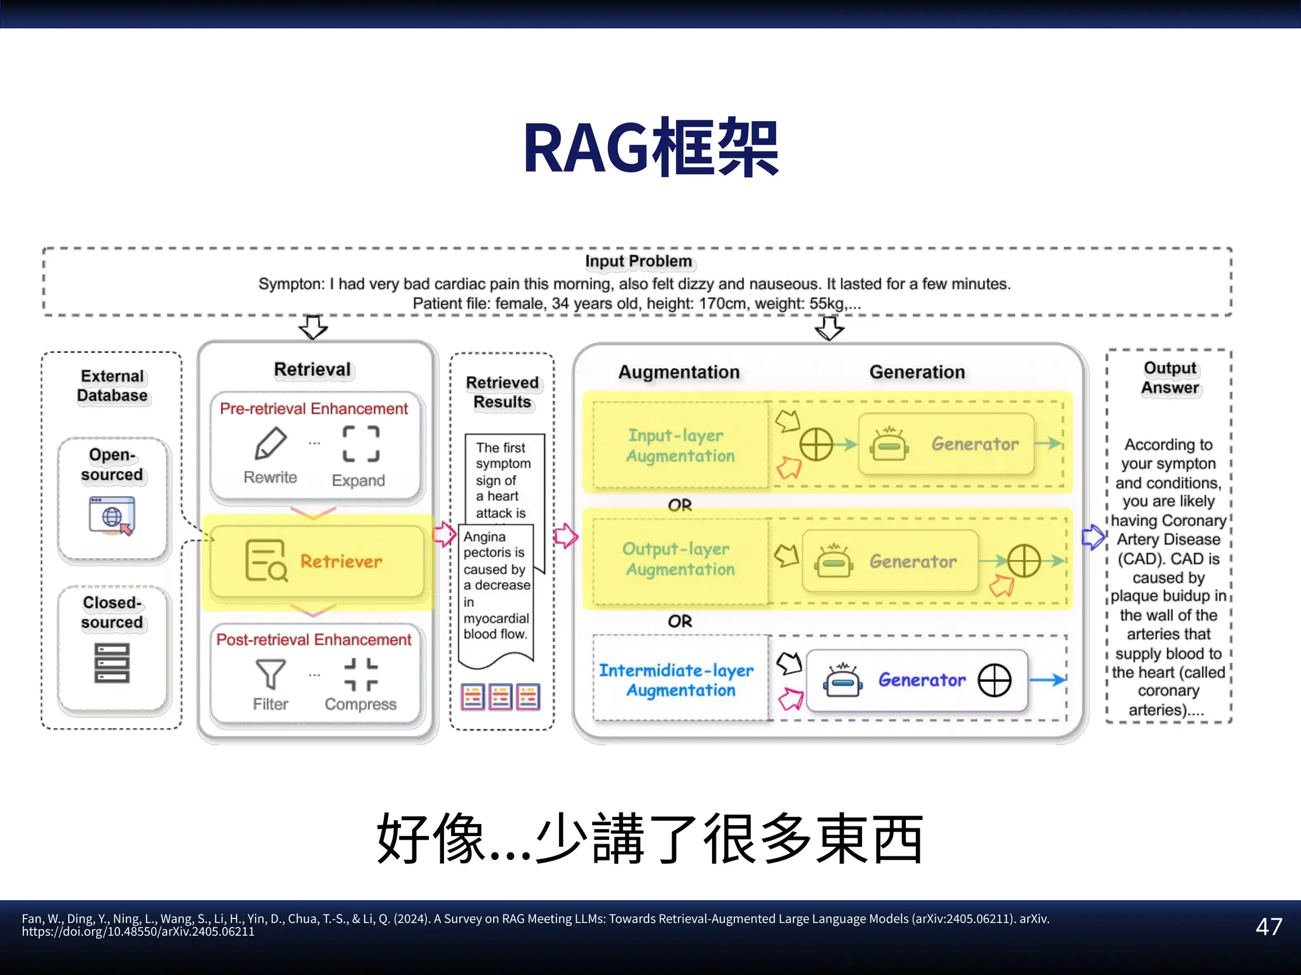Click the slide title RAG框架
coord(650,148)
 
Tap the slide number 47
coord(1269,927)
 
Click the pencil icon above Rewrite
coord(271,442)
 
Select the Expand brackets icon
coord(361,443)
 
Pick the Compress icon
coord(361,674)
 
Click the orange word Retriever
coord(341,562)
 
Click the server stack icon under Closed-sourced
coord(112,663)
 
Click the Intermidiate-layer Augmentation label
coord(677,680)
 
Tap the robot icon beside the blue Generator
coord(843,680)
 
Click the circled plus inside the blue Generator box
coord(994,680)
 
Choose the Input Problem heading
coord(638,262)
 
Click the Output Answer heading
coord(1170,378)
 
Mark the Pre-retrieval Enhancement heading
coord(314,409)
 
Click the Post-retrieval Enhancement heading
coord(314,640)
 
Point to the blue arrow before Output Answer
coord(1093,537)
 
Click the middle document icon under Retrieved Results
coord(501,697)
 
